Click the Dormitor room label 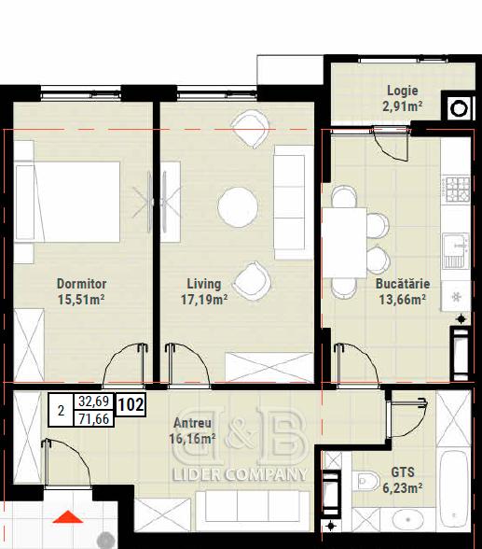tap(81, 284)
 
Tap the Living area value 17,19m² tap(204, 300)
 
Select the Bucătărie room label tap(403, 284)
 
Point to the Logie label tap(403, 91)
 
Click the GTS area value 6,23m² tap(403, 487)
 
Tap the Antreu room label tap(193, 423)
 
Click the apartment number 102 tap(131, 405)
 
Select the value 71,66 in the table tap(93, 418)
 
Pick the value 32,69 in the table tap(93, 401)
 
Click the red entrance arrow tap(68, 517)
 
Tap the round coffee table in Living tap(238, 207)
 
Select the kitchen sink tap(456, 250)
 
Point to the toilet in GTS tap(366, 482)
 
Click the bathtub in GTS tap(453, 489)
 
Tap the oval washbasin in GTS tap(408, 519)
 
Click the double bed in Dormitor tap(68, 202)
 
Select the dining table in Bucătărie tap(344, 243)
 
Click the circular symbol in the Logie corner tap(459, 109)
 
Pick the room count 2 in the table tap(62, 411)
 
